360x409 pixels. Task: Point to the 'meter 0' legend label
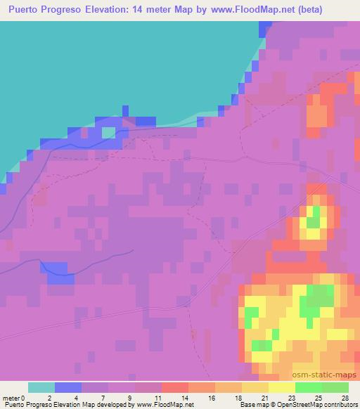pos(15,398)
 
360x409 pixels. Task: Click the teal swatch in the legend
pos(41,387)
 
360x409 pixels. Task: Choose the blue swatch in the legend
pos(68,387)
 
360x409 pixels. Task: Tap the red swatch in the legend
pos(175,387)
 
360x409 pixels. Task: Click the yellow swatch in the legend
pos(282,387)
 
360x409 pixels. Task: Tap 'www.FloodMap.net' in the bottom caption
pos(163,405)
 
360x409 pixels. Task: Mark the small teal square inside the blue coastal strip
pos(108,131)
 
